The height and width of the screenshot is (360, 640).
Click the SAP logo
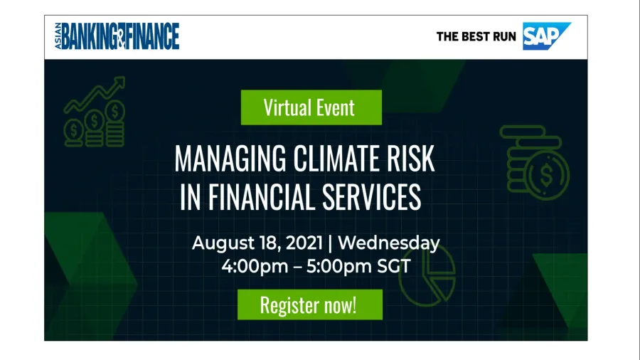546,36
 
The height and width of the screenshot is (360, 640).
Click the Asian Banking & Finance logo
117,36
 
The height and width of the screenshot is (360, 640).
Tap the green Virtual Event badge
311,107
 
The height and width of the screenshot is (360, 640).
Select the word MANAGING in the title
230,159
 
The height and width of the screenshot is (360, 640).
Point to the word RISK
410,158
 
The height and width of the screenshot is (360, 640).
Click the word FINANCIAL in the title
262,197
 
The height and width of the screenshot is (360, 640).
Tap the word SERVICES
371,197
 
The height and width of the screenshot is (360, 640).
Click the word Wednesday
389,243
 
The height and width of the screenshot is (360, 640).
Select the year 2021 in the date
304,243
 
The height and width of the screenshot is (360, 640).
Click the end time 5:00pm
339,267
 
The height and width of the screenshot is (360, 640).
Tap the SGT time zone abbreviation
393,267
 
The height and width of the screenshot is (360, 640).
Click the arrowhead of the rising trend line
119,82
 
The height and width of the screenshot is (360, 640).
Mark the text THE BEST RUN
476,37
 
